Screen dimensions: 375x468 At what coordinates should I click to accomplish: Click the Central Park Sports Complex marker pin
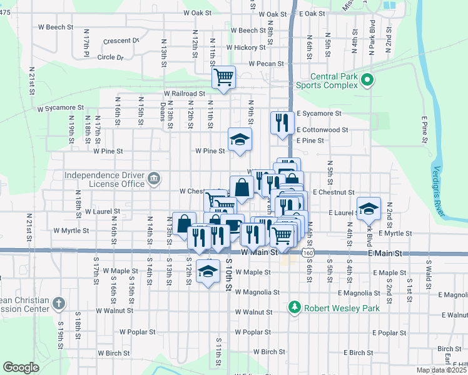coord(367,80)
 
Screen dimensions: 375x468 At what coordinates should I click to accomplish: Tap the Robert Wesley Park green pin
coord(295,307)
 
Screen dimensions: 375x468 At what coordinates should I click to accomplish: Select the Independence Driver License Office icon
coord(153,180)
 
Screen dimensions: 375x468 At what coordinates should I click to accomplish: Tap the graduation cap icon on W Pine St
coord(239,141)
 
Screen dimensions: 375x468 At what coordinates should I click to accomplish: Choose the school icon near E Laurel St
coord(369,209)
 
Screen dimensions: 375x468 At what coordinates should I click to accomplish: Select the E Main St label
coord(384,253)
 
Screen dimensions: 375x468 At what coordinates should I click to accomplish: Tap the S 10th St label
coord(229,275)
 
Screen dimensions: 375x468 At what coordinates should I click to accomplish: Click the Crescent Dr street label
coord(121,41)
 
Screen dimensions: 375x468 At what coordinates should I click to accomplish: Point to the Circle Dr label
coord(111,57)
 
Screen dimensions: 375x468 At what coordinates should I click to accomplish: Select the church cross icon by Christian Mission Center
coord(59,304)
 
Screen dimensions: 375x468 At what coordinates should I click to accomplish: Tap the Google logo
coord(21,367)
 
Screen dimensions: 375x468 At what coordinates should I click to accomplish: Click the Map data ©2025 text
coord(440,370)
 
